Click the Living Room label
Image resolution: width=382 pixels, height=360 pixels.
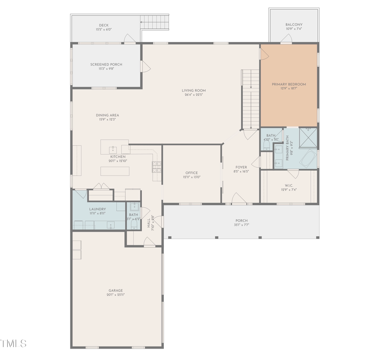coord(194,90)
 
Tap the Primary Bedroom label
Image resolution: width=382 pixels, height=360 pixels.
coord(289,84)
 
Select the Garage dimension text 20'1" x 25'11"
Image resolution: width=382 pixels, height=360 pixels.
coord(115,295)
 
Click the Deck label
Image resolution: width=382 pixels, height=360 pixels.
coord(104,25)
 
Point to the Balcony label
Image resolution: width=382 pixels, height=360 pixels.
coord(294,25)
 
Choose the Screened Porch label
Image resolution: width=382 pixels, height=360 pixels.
coord(106,64)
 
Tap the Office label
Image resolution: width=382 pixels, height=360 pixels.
coord(191,173)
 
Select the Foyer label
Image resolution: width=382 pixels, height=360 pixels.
coord(241,167)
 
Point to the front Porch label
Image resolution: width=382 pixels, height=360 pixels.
coord(242,220)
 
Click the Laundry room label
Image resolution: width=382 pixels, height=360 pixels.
coord(98,209)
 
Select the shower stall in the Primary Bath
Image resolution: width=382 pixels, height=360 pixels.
coord(308,137)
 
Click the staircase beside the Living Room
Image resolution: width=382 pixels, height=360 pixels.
coord(250,100)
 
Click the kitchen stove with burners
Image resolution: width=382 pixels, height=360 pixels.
coord(156,167)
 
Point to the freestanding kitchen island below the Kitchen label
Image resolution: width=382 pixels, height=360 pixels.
coord(115,171)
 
